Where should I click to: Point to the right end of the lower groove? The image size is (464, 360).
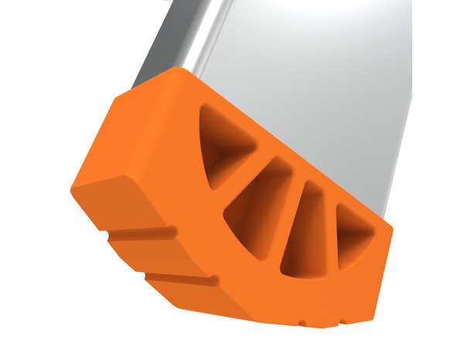point(215,280)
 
